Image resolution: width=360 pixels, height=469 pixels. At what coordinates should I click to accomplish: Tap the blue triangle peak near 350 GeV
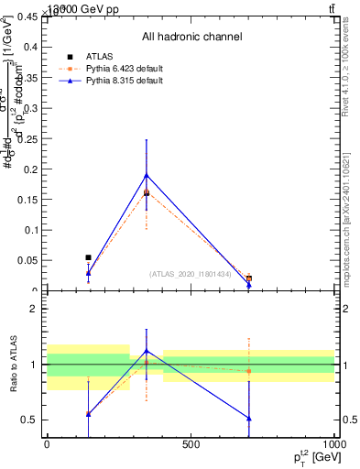pyautogui.click(x=147, y=175)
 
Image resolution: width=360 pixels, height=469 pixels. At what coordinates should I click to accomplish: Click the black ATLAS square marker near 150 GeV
pyautogui.click(x=88, y=257)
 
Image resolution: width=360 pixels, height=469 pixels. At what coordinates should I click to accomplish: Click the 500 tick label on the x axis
pyautogui.click(x=191, y=444)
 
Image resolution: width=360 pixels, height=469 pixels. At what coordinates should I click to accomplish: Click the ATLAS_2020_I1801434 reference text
pyautogui.click(x=191, y=274)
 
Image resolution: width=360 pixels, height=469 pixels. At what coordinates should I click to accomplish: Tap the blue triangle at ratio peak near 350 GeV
pyautogui.click(x=147, y=351)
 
